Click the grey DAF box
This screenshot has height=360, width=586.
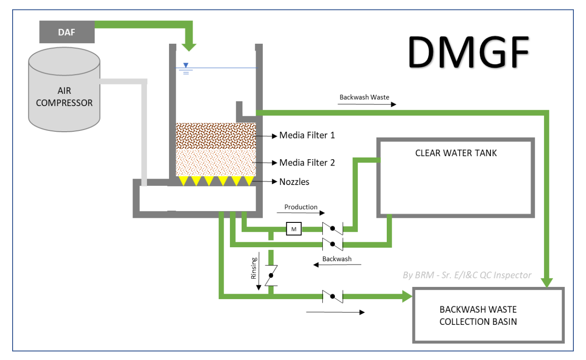67,32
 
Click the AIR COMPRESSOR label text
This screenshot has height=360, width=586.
64,97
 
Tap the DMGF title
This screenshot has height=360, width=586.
468,52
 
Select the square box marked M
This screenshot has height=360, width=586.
294,229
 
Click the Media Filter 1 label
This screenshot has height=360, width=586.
307,135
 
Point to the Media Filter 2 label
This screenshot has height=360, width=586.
307,162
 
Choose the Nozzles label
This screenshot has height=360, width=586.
294,182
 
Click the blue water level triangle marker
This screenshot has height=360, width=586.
186,65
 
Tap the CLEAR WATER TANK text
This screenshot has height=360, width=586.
456,153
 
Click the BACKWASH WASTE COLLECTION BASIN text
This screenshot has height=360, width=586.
478,315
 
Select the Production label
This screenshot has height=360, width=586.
301,207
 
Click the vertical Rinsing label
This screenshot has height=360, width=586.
254,268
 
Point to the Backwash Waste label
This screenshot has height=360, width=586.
364,97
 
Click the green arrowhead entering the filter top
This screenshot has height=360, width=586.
189,47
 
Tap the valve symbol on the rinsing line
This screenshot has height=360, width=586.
271,276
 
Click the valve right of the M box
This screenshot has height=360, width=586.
333,229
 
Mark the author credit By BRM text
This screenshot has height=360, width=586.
467,275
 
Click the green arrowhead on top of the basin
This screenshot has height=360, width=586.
547,283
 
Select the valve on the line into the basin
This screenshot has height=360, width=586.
333,296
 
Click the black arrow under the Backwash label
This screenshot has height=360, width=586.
337,265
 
